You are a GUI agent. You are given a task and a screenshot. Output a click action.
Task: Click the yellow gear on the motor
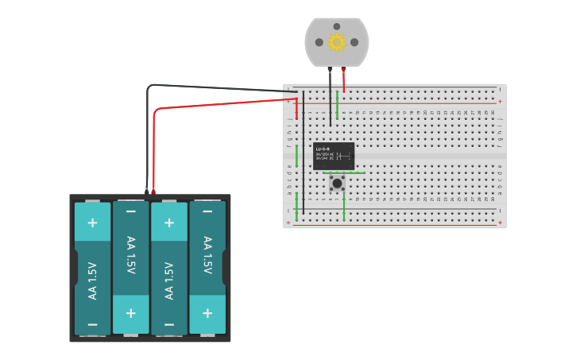[337, 42]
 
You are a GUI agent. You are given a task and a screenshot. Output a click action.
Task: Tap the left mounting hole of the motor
[319, 42]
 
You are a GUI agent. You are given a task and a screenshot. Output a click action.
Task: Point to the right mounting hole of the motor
[354, 42]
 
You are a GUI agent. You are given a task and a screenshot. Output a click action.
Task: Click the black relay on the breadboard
[334, 155]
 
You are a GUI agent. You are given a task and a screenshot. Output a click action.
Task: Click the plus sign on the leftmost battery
[92, 223]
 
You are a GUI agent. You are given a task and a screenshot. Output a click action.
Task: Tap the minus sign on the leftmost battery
[92, 324]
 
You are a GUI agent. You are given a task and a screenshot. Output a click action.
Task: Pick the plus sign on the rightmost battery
[207, 313]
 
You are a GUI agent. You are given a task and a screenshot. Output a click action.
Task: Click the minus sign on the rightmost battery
[207, 212]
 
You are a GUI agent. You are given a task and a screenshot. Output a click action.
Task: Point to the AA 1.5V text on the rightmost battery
[207, 255]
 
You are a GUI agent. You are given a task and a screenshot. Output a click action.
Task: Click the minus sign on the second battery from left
[130, 212]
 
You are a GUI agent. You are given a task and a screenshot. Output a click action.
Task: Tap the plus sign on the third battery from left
[168, 223]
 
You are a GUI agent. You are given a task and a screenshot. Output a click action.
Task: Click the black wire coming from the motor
[331, 99]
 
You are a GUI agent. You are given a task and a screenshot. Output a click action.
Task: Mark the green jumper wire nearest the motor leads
[338, 106]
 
